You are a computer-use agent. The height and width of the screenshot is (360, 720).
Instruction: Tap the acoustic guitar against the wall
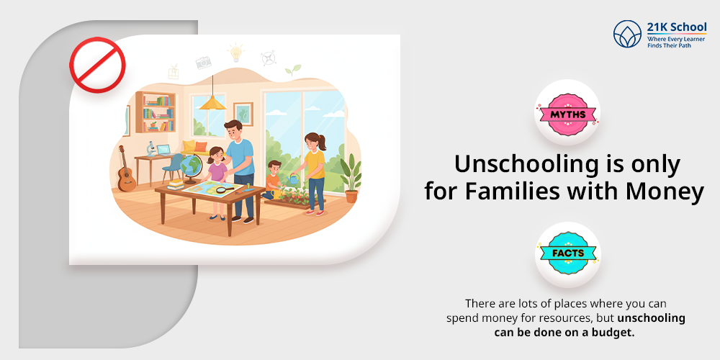126,171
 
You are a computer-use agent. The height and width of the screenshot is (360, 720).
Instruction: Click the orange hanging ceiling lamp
212,102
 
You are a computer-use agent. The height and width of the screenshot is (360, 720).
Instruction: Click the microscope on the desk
152,149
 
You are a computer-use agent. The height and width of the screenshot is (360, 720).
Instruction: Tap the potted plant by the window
351,178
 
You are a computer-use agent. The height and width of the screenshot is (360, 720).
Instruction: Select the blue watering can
295,177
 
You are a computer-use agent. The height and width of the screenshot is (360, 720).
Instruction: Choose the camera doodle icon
204,63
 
